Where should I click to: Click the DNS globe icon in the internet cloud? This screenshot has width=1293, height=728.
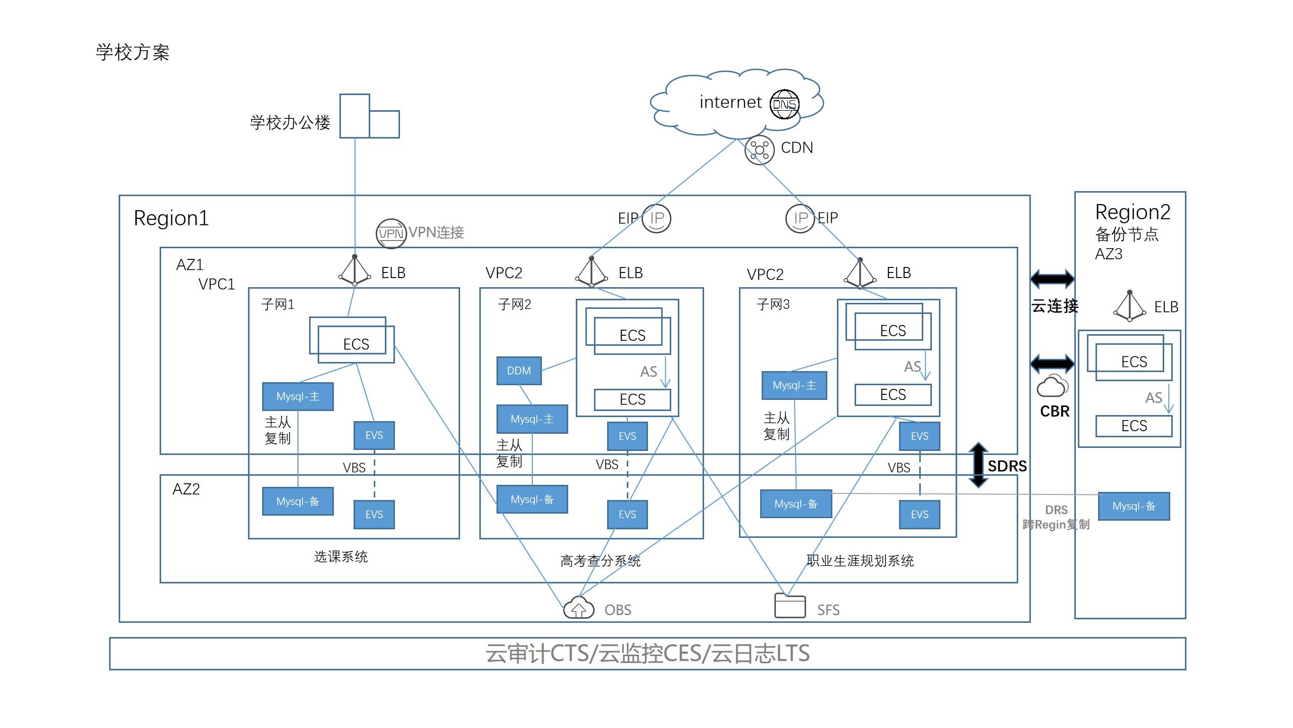784,104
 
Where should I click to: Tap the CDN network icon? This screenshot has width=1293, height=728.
759,150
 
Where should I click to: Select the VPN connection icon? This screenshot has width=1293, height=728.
391,234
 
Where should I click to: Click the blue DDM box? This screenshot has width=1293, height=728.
519,371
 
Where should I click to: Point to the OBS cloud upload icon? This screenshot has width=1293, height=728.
578,608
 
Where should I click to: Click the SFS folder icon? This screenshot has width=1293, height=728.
790,606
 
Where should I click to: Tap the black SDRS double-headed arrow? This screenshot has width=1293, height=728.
978,465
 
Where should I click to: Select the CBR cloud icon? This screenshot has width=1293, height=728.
1053,386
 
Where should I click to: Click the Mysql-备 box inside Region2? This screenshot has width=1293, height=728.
1134,506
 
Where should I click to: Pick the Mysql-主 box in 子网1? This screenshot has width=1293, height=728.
297,396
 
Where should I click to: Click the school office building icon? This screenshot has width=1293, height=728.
369,116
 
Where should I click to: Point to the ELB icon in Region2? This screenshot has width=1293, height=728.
1129,306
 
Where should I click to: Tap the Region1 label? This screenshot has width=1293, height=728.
171,218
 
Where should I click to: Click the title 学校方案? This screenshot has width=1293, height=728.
133,53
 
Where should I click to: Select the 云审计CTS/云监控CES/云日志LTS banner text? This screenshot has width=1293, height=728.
648,654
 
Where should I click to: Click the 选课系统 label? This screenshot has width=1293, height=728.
341,557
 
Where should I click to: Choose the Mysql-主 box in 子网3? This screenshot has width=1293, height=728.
794,385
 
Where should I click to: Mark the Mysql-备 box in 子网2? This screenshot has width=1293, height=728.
532,499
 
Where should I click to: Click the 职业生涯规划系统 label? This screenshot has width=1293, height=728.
860,561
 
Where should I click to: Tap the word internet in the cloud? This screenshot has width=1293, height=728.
730,102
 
